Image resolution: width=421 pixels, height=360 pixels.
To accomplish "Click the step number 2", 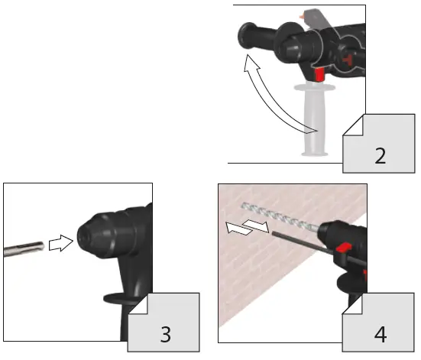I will (380, 155).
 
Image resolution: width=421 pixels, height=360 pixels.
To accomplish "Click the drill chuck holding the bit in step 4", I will (328, 232).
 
